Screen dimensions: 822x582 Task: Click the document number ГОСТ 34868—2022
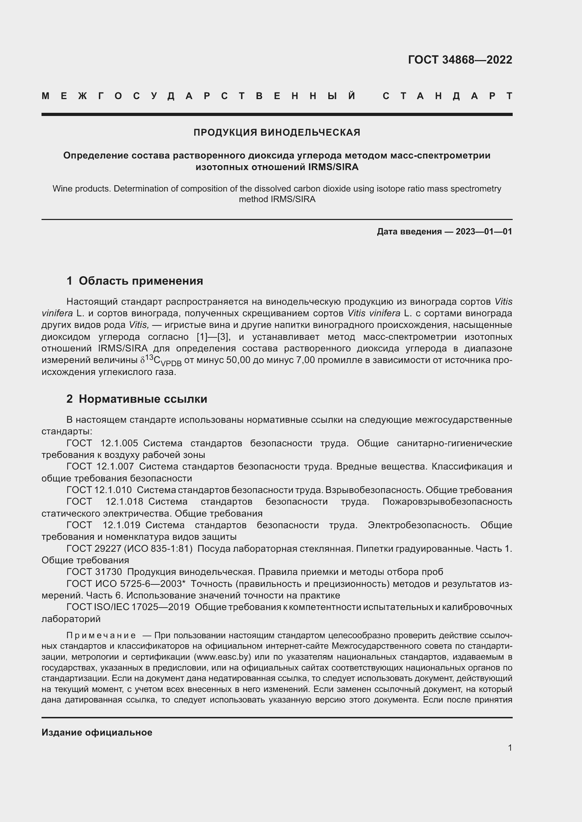point(460,59)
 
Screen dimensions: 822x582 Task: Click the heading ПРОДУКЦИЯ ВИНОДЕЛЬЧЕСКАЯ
point(277,132)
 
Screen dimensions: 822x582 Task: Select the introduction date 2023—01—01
point(483,232)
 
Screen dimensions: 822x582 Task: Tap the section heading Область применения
point(140,281)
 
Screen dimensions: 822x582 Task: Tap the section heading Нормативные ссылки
point(143,399)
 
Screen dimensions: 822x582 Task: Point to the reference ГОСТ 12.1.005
point(102,443)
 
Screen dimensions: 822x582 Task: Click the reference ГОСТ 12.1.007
point(100,466)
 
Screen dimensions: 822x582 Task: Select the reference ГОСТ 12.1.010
point(99,490)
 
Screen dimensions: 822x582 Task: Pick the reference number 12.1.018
point(124,501)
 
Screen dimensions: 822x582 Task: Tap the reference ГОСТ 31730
point(94,572)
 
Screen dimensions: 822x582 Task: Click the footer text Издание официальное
point(97,732)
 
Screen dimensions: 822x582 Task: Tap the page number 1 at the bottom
point(510,747)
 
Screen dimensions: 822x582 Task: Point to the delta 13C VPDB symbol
point(161,361)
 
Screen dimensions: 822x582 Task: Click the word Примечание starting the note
point(101,635)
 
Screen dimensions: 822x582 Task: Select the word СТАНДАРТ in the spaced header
point(447,96)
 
